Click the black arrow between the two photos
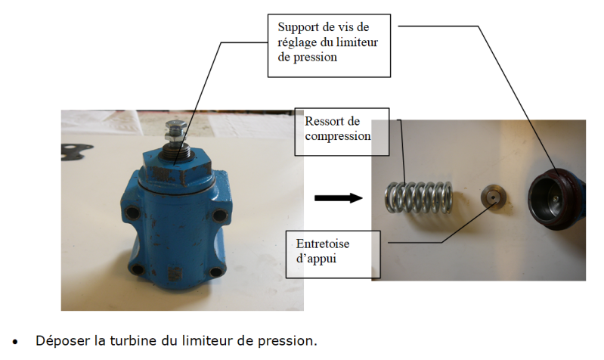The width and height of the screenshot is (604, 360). click(x=338, y=198)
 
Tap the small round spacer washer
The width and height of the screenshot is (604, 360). click(x=492, y=199)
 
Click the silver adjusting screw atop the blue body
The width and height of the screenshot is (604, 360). click(x=174, y=135)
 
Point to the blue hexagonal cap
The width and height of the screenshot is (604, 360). click(x=175, y=166)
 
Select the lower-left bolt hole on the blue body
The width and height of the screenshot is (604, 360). click(x=136, y=268)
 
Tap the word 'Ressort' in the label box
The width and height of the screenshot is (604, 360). click(x=325, y=121)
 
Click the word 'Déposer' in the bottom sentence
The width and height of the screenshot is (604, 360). click(x=59, y=340)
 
